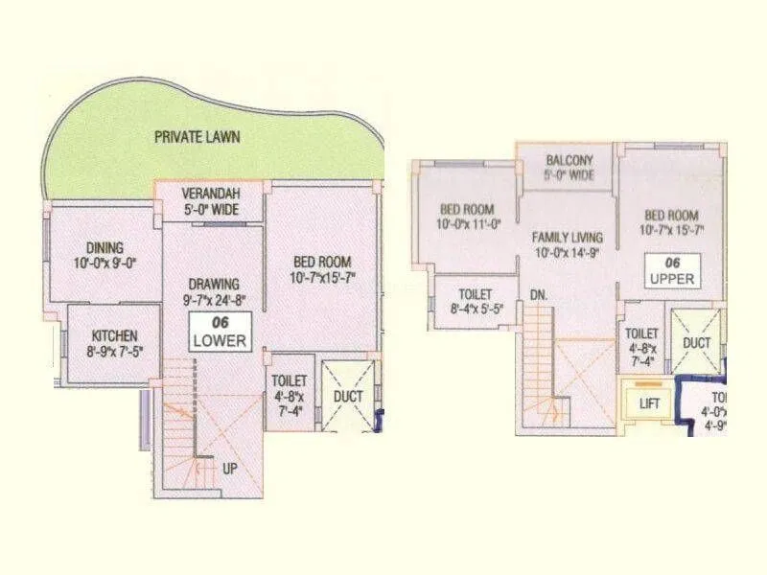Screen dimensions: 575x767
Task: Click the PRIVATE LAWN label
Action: click(198, 137)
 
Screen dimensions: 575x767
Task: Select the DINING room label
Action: click(105, 248)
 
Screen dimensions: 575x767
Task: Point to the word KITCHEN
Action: click(114, 335)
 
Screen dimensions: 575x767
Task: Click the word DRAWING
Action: click(214, 284)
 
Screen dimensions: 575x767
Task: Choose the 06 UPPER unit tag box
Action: click(671, 270)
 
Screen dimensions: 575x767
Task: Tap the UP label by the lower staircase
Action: click(229, 470)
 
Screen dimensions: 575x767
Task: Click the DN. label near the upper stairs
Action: click(538, 296)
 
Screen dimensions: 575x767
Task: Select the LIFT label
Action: click(650, 403)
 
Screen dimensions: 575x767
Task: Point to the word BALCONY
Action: click(569, 160)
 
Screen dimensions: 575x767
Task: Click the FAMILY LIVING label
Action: click(569, 237)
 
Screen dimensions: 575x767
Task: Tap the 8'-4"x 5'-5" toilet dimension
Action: click(476, 310)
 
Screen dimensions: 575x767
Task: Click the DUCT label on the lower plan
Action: click(347, 395)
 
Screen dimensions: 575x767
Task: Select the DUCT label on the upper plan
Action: click(697, 341)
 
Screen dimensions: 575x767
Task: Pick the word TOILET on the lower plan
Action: click(289, 381)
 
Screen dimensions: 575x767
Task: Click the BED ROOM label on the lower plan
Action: click(321, 262)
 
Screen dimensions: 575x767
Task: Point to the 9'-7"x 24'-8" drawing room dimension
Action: click(214, 298)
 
